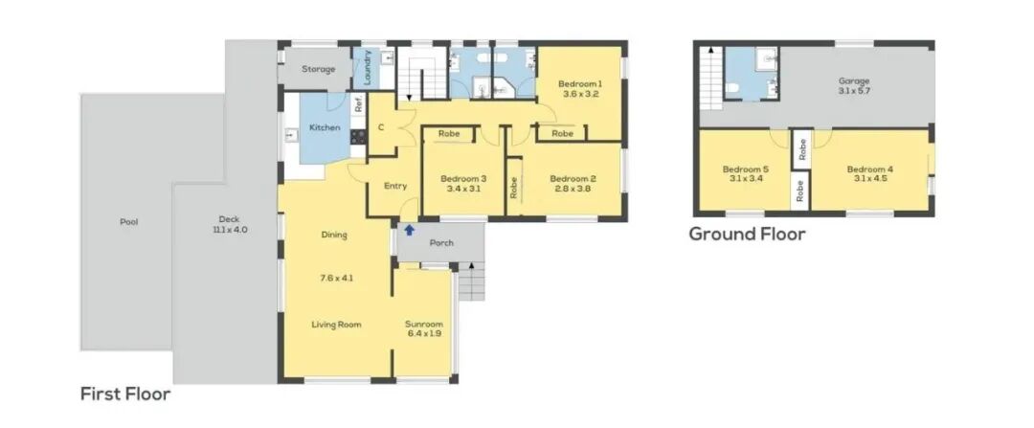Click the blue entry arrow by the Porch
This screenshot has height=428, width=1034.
pyautogui.click(x=409, y=230)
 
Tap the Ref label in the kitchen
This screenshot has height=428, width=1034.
pyautogui.click(x=359, y=104)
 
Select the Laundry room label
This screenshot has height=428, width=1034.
pyautogui.click(x=368, y=67)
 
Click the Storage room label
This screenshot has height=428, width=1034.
pyautogui.click(x=319, y=69)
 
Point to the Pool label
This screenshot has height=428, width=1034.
pyautogui.click(x=128, y=222)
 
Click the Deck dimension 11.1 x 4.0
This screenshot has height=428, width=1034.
pyautogui.click(x=230, y=230)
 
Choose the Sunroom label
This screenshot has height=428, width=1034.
pyautogui.click(x=424, y=325)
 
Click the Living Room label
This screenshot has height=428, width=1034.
pyautogui.click(x=336, y=325)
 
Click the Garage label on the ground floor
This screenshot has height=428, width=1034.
pyautogui.click(x=854, y=81)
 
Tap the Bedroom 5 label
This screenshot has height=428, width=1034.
pyautogui.click(x=745, y=169)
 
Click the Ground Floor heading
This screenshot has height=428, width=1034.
pyautogui.click(x=747, y=235)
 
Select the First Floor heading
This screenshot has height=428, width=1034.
pyautogui.click(x=125, y=394)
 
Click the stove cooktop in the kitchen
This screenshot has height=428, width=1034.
pyautogui.click(x=358, y=137)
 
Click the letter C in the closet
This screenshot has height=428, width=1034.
pyautogui.click(x=381, y=128)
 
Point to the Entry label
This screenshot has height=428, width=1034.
pyautogui.click(x=395, y=186)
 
